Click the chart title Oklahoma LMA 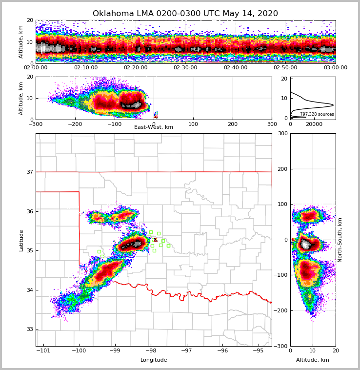185,14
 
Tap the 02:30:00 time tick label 185,68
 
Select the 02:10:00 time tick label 85,68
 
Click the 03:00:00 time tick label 335,68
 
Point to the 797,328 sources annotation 317,114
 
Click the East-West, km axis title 154,127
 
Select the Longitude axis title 154,360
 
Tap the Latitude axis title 21,240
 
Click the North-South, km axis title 340,240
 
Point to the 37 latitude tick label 30,172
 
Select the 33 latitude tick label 30,329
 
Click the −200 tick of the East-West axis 75,124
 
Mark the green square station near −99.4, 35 99,251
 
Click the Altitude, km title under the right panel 313,360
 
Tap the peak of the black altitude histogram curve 333,105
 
